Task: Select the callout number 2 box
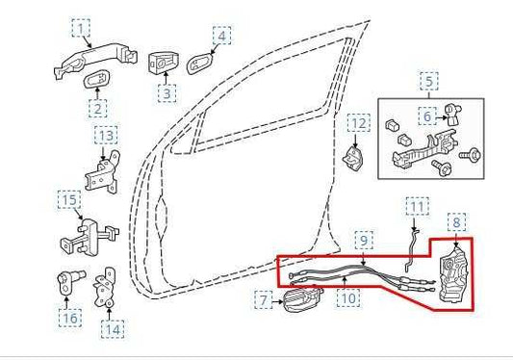100,109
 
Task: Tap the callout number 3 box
167,93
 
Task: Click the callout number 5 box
428,82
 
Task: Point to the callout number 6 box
426,116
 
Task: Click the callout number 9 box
364,239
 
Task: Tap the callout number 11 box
416,206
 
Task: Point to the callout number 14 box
114,328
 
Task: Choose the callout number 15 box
68,201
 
